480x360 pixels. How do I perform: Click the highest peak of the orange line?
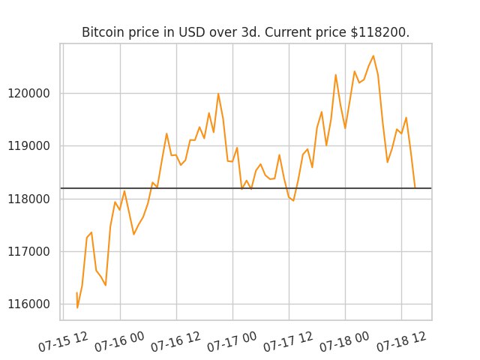click(x=373, y=55)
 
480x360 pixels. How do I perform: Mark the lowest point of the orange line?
click(x=77, y=307)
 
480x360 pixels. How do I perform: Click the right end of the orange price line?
click(x=415, y=187)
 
